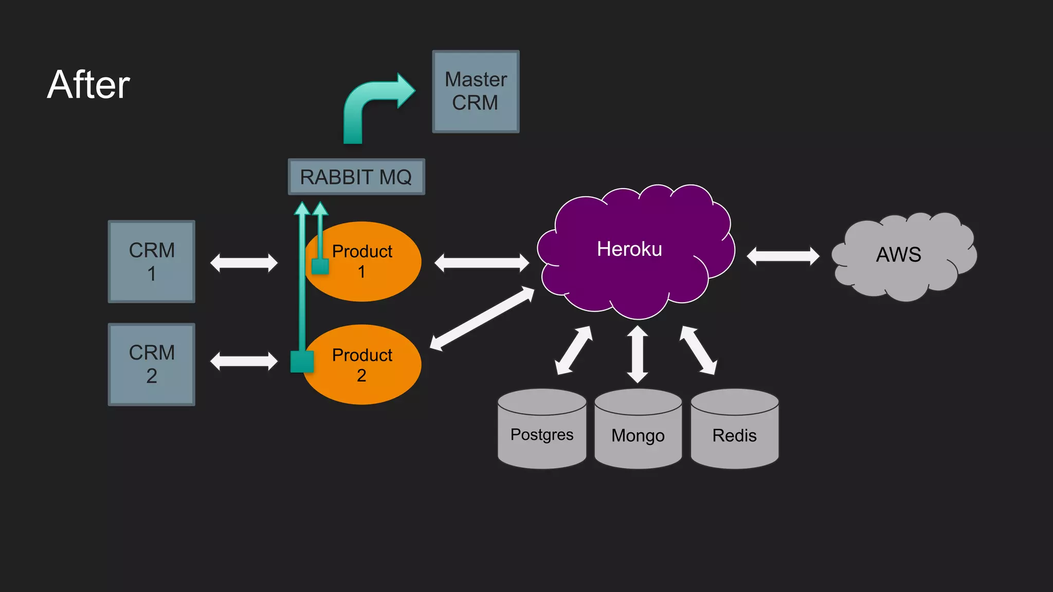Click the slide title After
click(88, 85)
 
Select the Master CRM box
click(476, 91)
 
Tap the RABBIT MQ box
click(356, 177)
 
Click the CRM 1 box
click(151, 262)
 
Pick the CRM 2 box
click(151, 364)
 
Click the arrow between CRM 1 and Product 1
click(244, 263)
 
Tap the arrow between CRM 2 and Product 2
click(244, 361)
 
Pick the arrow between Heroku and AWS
click(783, 256)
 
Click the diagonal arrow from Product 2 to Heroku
click(482, 319)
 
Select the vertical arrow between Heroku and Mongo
click(638, 354)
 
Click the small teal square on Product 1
click(320, 266)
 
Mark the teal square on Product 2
click(302, 361)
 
